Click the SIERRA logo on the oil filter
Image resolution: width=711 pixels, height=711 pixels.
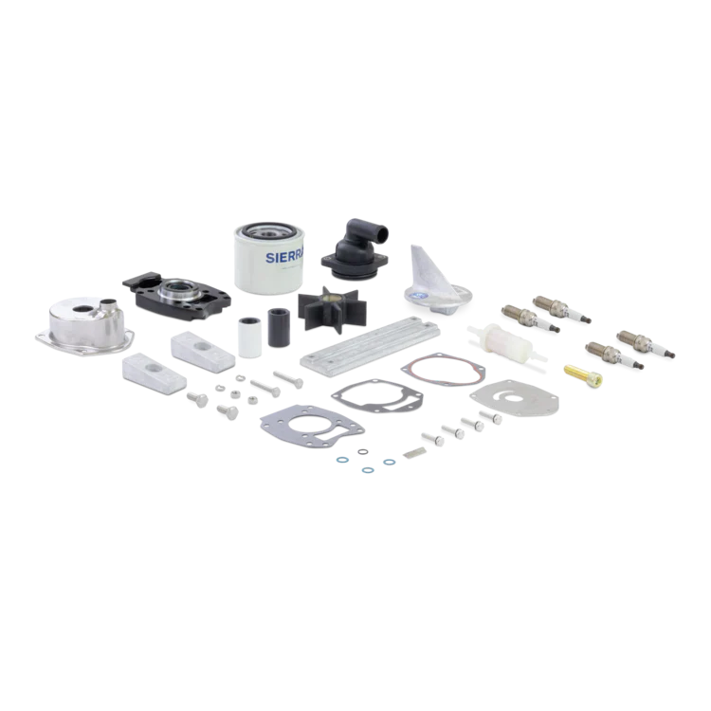(284, 258)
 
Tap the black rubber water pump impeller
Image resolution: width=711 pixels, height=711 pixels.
(332, 309)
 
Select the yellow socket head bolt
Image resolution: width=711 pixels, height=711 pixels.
(583, 374)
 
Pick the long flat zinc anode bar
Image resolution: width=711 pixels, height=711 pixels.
(370, 343)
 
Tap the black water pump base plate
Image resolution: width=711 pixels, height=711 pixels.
(176, 296)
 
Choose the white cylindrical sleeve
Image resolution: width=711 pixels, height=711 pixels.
(250, 337)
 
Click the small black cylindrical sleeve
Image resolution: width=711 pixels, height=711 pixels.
(279, 327)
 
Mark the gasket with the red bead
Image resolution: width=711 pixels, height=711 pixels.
(444, 368)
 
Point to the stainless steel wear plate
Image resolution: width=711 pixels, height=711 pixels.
(515, 397)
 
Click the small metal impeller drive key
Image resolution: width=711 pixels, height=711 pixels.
(415, 451)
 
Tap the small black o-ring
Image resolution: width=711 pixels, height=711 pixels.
(363, 451)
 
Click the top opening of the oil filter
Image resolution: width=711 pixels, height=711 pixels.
(269, 231)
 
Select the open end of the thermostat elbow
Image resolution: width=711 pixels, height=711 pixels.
(383, 234)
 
